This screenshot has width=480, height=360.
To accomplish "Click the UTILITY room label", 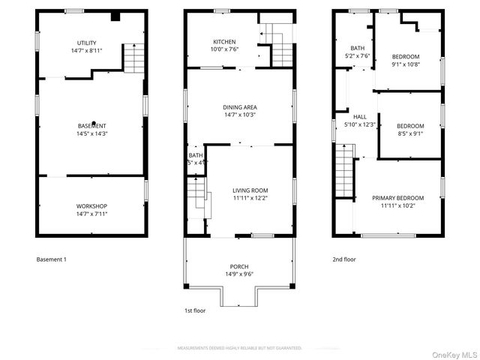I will [87, 43].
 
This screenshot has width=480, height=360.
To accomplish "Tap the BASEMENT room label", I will [91, 125].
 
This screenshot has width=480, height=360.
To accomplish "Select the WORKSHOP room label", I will [91, 206].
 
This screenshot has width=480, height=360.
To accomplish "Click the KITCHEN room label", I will [224, 42].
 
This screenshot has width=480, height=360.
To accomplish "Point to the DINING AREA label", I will [239, 107].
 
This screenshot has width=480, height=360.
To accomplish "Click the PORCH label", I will [238, 266].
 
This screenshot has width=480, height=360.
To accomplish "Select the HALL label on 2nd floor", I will [360, 117].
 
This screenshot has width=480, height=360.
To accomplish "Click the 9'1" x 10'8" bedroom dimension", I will [406, 64].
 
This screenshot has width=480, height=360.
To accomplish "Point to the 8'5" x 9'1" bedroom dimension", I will [410, 135].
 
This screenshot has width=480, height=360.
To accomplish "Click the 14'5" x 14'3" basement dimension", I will [91, 133].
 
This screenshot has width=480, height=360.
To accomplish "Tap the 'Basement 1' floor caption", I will [52, 259].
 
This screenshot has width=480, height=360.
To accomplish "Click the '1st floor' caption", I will [195, 310].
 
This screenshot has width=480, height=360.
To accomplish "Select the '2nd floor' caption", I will [344, 259].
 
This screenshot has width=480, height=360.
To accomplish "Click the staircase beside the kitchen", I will [281, 52].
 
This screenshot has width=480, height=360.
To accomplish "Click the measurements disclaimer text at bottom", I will [239, 348].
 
